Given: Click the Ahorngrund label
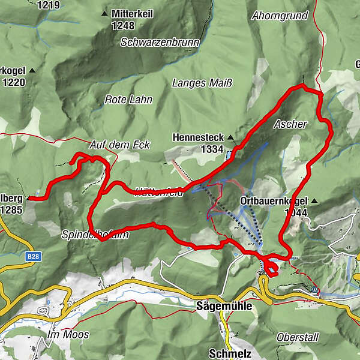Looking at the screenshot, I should [281, 14].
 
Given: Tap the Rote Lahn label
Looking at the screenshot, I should [128, 100].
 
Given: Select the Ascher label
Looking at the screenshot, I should [290, 124].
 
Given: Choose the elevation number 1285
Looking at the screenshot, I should [11, 210].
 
